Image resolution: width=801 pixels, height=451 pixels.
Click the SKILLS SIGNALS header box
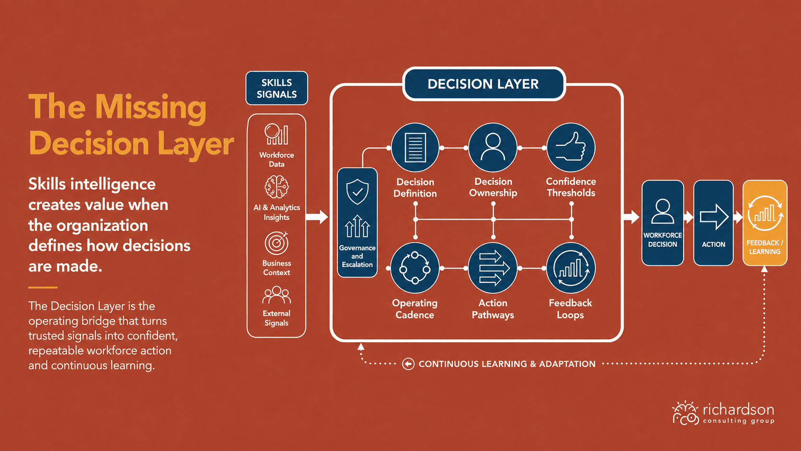coord(276,88)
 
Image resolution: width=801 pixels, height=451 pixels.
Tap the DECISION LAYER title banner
coord(483,84)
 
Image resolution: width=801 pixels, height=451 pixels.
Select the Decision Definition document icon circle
coord(415,147)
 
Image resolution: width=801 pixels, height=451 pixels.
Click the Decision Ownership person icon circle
coord(493,147)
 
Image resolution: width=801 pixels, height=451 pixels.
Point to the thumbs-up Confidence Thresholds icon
coord(571,147)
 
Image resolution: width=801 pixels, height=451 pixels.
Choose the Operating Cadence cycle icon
coord(415,268)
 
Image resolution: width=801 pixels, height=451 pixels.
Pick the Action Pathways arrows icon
coord(493,268)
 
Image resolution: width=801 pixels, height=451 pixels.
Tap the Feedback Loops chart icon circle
coord(571,268)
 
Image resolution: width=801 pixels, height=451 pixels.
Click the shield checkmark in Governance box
coord(357,192)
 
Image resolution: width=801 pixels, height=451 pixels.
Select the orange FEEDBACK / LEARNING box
coord(765,223)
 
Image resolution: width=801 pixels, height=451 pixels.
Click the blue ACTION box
coord(713,223)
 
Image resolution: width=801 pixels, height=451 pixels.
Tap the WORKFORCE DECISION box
coord(663,223)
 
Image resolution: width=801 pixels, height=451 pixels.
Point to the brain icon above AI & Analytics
coord(276,187)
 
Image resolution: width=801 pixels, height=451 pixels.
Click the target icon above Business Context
coord(276,243)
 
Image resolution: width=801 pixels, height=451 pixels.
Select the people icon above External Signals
coord(276,295)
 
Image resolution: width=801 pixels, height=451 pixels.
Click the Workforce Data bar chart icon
coord(276,135)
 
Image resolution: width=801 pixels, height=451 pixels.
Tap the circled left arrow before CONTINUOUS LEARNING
coord(408,364)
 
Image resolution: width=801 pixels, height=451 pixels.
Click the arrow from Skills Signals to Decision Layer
coord(317,217)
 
